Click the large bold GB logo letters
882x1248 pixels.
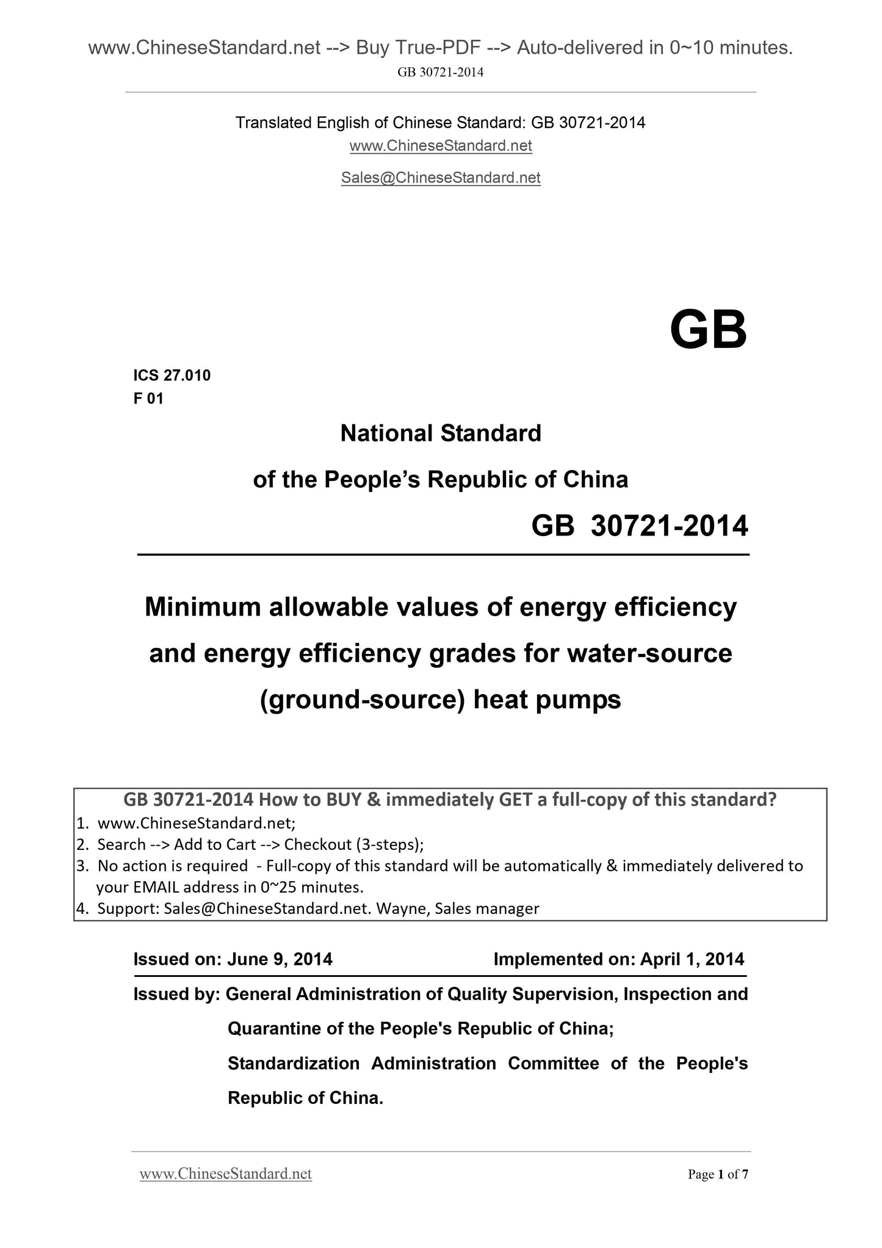(x=708, y=330)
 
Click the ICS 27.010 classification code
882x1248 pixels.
(x=172, y=375)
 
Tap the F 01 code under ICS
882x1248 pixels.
(x=148, y=399)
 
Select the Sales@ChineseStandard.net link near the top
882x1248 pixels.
(x=441, y=178)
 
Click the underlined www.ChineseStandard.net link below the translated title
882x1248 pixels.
(x=441, y=146)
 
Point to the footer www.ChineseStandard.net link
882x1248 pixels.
(x=226, y=1174)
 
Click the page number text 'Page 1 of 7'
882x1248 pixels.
(x=718, y=1174)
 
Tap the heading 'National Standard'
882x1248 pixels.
(x=441, y=434)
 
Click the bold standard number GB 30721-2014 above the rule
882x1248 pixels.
(x=639, y=526)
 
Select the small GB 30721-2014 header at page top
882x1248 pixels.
(x=441, y=73)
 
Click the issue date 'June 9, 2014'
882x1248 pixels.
(x=280, y=959)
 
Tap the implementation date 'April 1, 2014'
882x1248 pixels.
(x=692, y=959)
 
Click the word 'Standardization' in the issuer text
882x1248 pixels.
(x=293, y=1064)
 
